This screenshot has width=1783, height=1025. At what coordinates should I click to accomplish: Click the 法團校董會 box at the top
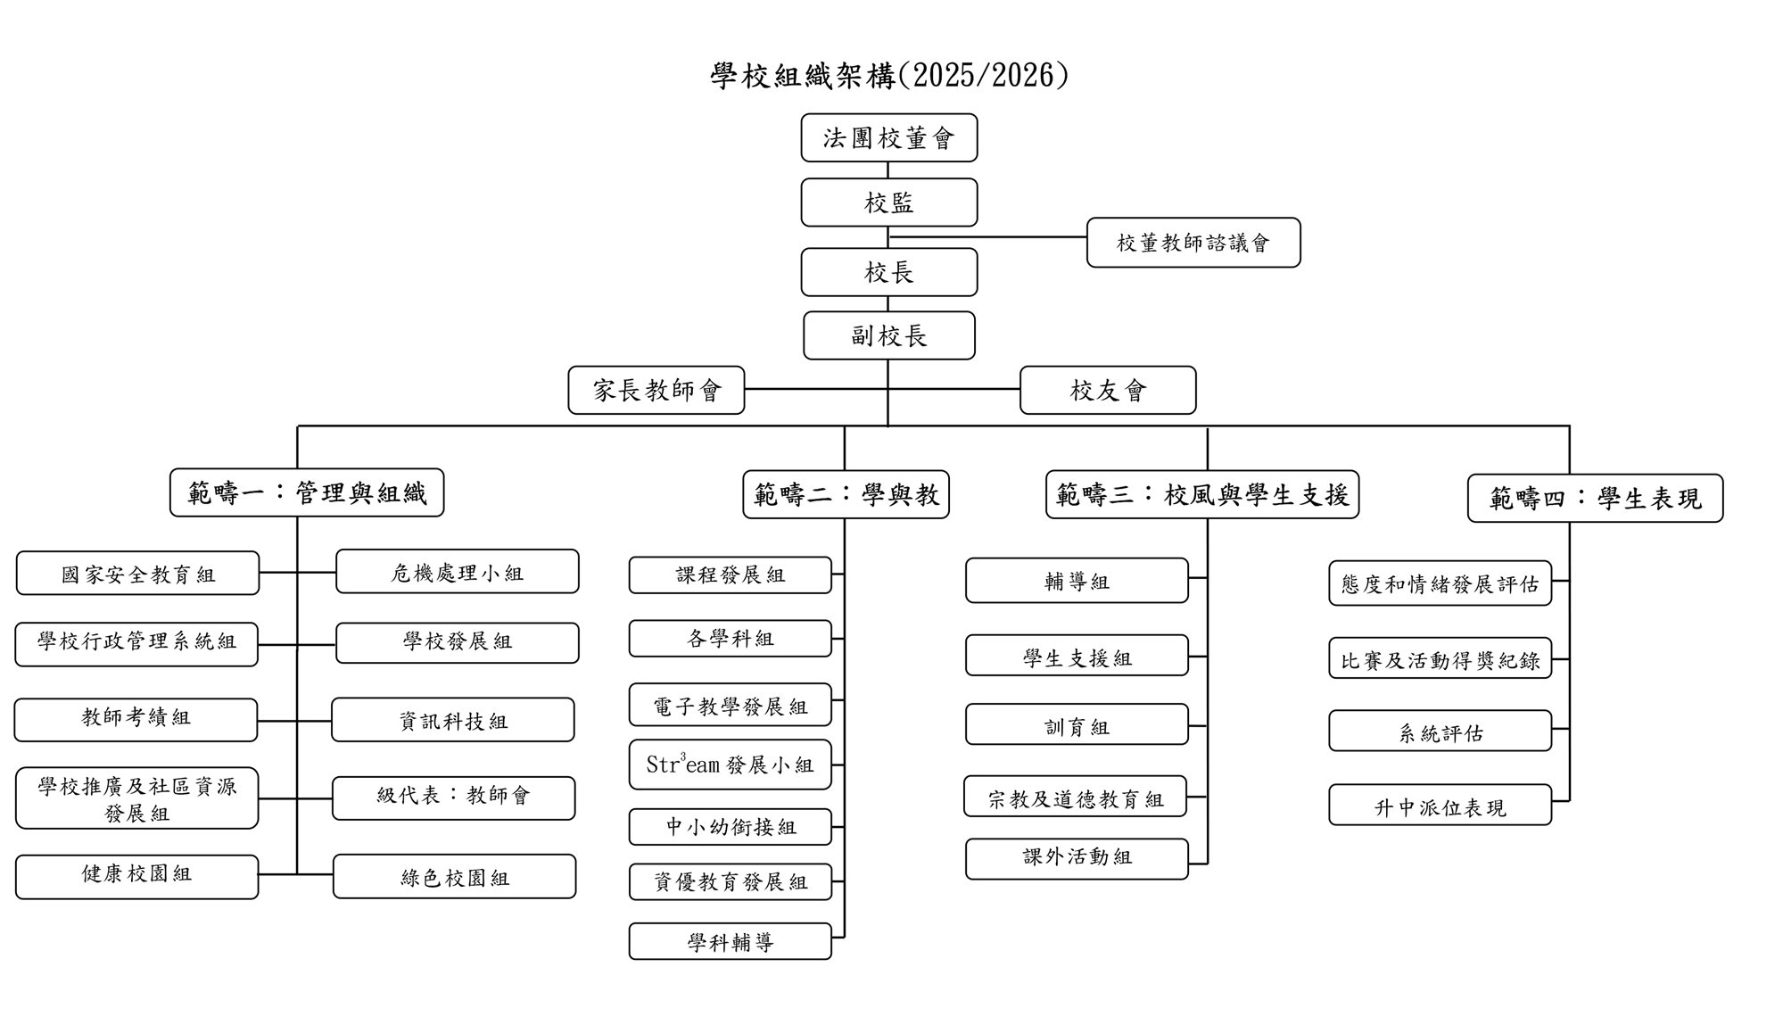(x=888, y=137)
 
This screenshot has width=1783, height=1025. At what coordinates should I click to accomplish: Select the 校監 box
(x=888, y=203)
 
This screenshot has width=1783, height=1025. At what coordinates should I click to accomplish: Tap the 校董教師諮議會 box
(x=1193, y=243)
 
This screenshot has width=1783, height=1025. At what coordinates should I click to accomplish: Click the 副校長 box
(x=888, y=335)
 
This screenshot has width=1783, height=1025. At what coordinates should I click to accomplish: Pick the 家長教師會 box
(x=656, y=390)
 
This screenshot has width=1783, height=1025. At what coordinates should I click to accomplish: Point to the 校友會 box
(x=1108, y=390)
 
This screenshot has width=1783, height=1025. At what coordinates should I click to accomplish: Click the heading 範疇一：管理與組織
(x=307, y=492)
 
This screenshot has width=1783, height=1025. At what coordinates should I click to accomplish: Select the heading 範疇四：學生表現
(x=1595, y=498)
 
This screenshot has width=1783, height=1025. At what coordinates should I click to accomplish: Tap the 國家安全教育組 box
(x=137, y=574)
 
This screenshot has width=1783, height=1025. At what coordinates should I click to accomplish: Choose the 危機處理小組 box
(x=457, y=572)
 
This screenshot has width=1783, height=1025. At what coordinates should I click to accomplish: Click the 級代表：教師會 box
(x=453, y=798)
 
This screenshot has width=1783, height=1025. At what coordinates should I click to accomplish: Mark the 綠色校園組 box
(x=454, y=877)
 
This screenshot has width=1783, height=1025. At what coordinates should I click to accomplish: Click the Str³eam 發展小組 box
(x=730, y=765)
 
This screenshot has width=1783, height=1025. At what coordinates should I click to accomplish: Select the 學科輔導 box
(x=730, y=941)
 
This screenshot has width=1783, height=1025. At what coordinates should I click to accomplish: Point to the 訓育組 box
(x=1077, y=724)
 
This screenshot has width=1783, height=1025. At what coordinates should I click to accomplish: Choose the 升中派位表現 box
(x=1440, y=805)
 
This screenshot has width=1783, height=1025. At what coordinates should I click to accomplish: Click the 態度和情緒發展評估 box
(x=1440, y=583)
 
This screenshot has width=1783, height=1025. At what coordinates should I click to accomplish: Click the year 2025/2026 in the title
(x=985, y=75)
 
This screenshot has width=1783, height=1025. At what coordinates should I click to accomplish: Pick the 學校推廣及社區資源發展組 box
(x=136, y=798)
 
